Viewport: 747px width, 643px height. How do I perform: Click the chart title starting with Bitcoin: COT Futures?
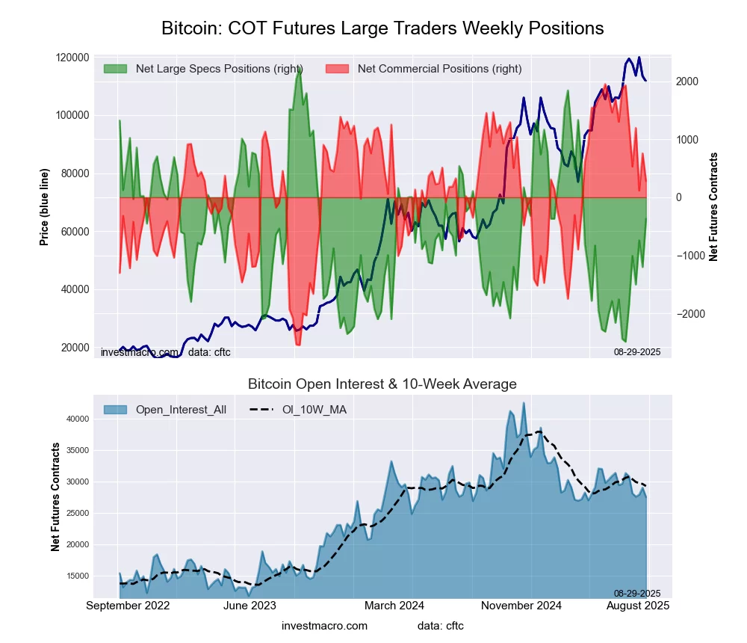[382, 28]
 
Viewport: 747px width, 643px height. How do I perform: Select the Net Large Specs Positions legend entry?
[202, 69]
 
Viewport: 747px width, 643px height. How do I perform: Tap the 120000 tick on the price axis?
[72, 58]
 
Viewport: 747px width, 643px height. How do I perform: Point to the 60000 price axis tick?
[75, 232]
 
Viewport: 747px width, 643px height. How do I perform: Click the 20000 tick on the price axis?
[75, 348]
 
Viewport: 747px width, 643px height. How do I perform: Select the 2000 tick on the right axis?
[687, 81]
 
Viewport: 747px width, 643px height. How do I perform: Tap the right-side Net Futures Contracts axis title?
[713, 206]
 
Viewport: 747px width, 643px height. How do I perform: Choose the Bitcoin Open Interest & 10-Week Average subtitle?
[382, 384]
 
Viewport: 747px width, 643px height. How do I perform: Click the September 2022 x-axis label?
[128, 606]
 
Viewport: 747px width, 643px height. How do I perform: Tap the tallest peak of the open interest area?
[524, 403]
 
